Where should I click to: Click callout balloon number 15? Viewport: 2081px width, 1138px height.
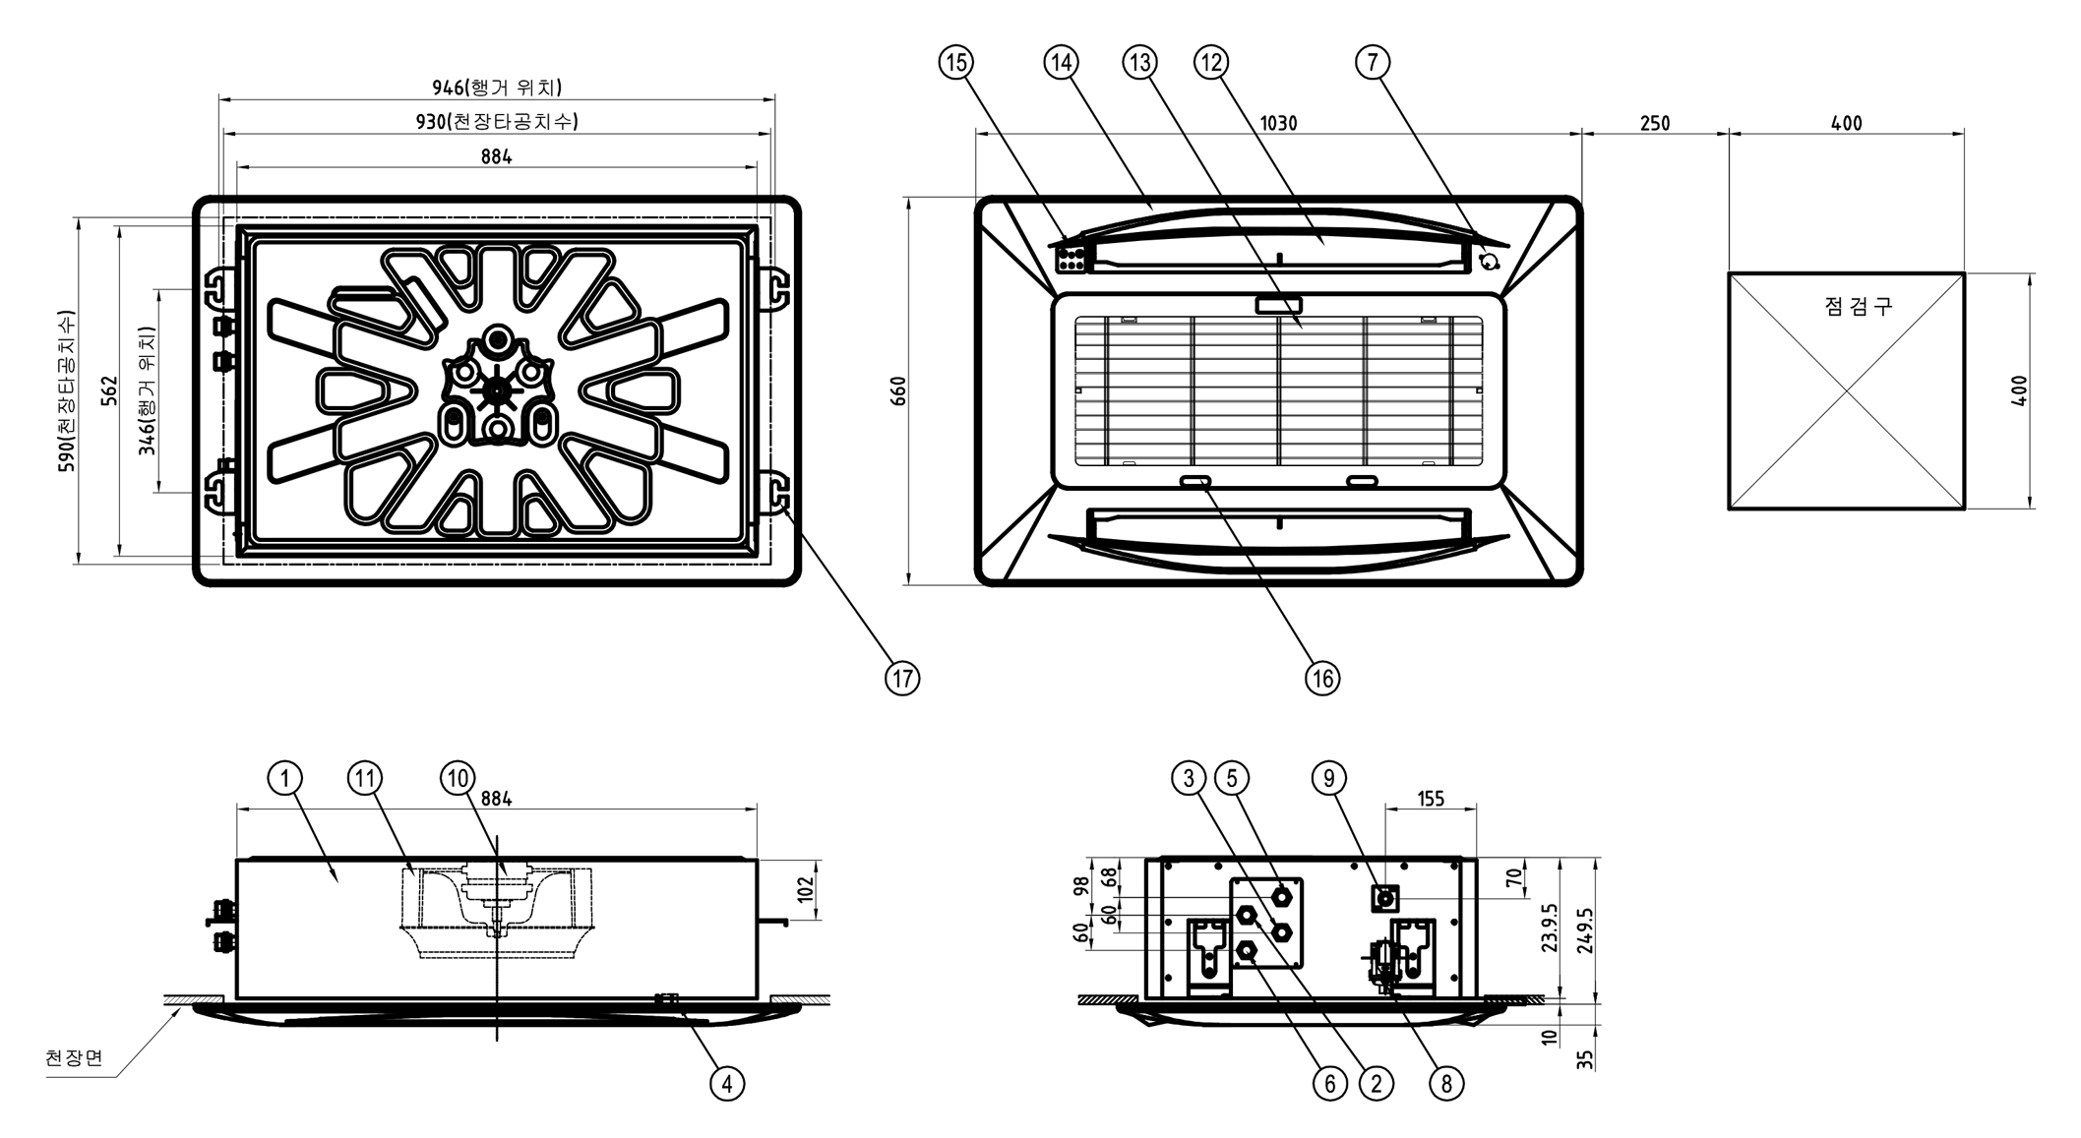click(955, 63)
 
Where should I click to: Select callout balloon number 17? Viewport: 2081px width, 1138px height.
click(902, 678)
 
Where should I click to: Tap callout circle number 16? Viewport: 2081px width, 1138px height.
click(1321, 678)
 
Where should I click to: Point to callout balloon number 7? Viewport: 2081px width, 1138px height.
click(1373, 63)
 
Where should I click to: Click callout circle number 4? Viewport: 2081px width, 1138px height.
click(727, 1084)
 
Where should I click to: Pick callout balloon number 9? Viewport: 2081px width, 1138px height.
click(1329, 778)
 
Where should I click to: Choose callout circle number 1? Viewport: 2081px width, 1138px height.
click(284, 778)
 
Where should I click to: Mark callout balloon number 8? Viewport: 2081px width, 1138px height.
click(1445, 1084)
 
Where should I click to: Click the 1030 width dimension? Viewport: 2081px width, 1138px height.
click(1278, 124)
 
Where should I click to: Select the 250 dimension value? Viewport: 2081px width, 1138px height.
click(1655, 124)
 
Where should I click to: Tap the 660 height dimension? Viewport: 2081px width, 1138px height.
click(897, 391)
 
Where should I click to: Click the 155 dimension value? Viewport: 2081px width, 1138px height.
click(1431, 799)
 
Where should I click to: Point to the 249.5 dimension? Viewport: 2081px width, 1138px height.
click(1584, 930)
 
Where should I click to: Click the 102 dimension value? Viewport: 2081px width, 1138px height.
click(807, 889)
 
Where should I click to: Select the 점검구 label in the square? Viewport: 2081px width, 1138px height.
click(1858, 306)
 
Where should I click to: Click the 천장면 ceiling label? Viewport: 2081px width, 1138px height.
click(75, 1058)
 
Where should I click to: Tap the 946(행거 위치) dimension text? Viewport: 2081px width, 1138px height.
click(497, 88)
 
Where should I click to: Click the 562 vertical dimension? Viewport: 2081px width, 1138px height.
click(110, 391)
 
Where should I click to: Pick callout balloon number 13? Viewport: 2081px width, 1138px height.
click(1139, 63)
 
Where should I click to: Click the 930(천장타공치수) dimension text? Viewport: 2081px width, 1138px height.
click(497, 122)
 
